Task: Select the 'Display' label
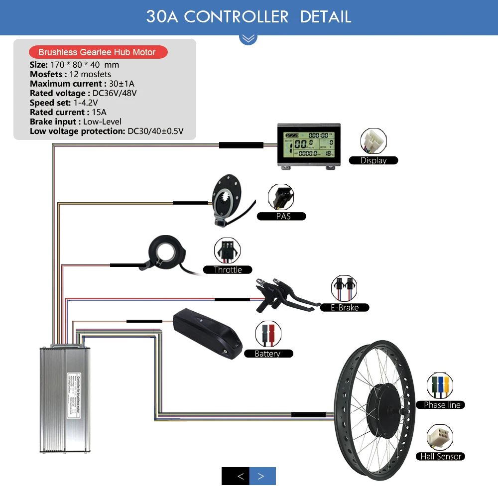point(373,160)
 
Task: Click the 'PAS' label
point(283,216)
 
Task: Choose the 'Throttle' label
point(228,270)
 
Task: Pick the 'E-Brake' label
point(345,307)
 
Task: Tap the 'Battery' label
point(267,354)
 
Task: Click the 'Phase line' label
point(442,405)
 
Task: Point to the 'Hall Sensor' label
point(441,456)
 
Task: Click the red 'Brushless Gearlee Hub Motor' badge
point(97,52)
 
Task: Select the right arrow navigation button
point(262,477)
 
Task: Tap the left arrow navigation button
point(236,477)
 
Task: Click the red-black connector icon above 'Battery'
point(268,334)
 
